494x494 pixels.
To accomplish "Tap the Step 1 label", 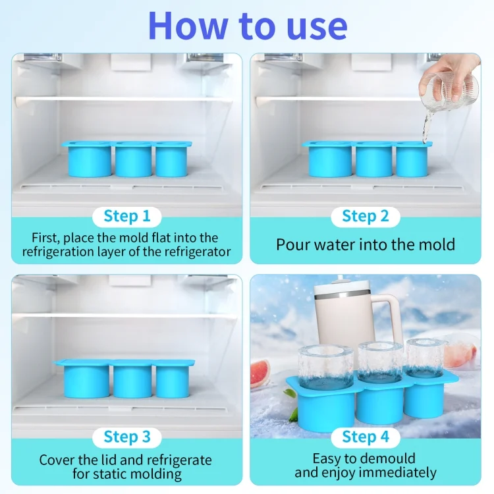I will pos(127,216).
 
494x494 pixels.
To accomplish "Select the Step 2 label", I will pos(366,216).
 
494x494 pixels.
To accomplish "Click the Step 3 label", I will pos(127,437).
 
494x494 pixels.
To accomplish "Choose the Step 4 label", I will pos(366,437).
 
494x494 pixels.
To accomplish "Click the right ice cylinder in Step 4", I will pos(425,359).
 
